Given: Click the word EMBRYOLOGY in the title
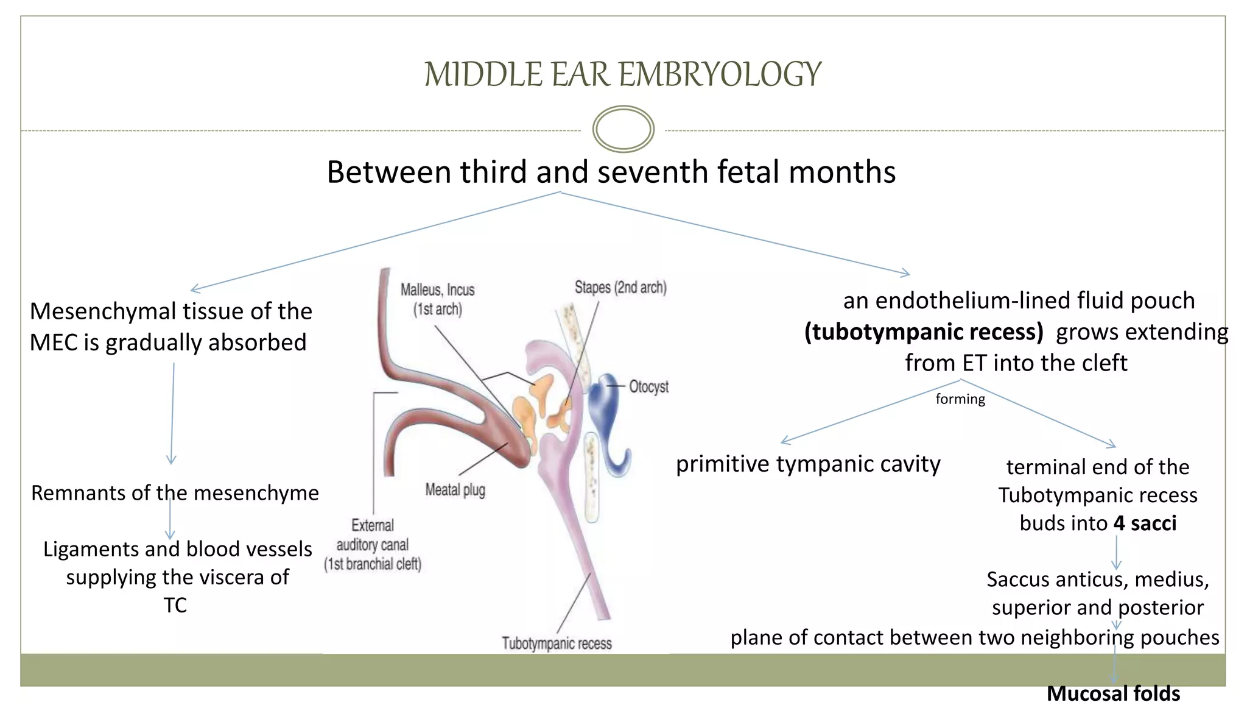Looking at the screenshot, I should [x=720, y=74].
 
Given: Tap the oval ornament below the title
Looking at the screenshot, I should [x=623, y=129].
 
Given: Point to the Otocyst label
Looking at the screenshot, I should [x=648, y=387].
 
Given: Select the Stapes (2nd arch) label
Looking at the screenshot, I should [x=620, y=287].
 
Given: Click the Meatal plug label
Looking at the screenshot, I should [x=455, y=489].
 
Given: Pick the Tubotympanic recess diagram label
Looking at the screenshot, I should [x=557, y=643].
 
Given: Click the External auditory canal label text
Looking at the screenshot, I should [x=372, y=544].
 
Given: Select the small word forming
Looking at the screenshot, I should [x=960, y=399].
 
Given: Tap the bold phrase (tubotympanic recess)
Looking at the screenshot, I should [x=924, y=332].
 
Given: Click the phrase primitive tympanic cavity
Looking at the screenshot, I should [x=808, y=464].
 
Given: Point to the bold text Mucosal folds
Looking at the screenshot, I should [x=1113, y=693].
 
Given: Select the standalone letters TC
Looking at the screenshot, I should [x=175, y=605].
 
